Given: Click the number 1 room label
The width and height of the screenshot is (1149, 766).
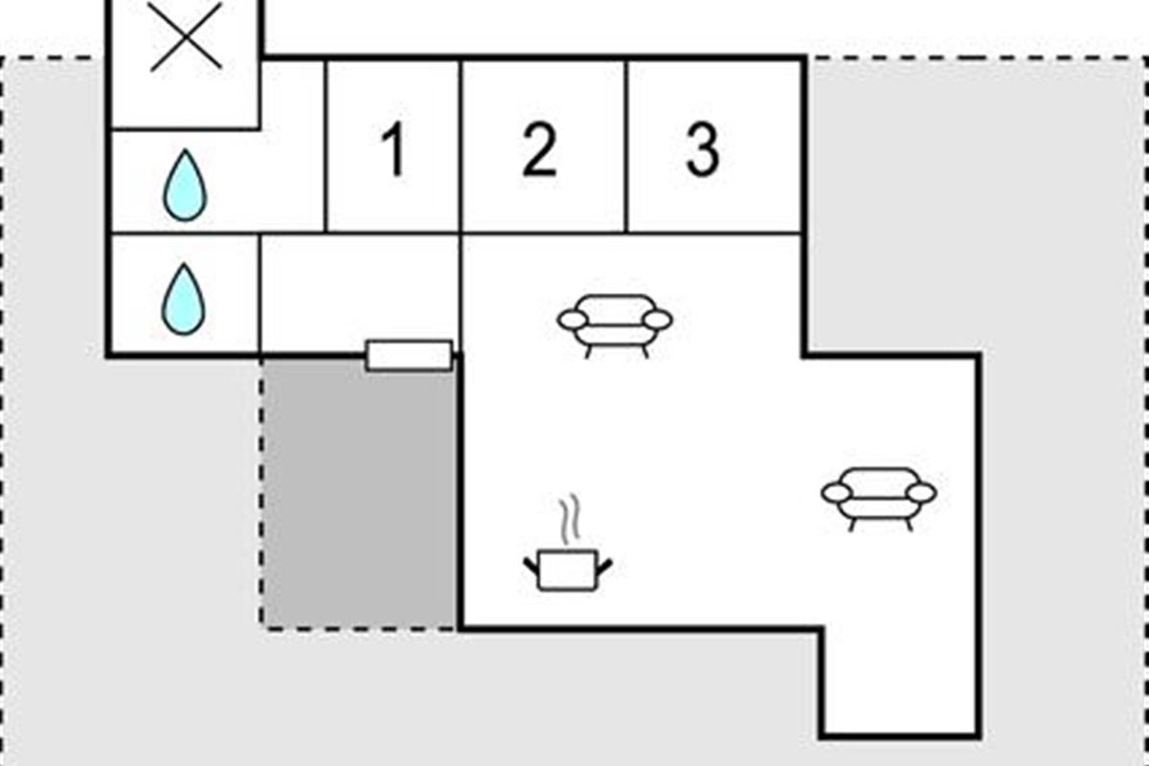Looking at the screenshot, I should click(392, 151).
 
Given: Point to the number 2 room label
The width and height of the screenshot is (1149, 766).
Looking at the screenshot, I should click(539, 151).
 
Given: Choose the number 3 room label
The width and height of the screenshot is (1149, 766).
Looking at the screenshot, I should click(702, 150).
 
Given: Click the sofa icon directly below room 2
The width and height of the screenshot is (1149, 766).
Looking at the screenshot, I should click(615, 324).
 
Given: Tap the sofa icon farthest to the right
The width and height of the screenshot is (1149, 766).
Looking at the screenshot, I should click(879, 496).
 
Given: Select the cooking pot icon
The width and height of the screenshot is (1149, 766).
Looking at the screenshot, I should click(568, 571).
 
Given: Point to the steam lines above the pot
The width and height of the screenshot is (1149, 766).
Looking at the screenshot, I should click(570, 518).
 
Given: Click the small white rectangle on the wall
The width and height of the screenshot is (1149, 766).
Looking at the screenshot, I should click(409, 355).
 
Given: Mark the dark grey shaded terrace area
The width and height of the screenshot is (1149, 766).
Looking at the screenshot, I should click(360, 493).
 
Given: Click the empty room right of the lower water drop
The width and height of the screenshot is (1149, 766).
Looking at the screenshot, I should click(360, 292).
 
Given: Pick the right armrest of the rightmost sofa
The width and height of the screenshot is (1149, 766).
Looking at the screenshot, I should click(921, 493).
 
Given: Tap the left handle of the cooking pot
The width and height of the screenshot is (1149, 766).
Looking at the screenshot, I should click(531, 567).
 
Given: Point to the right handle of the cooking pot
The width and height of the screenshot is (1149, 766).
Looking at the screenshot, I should click(604, 567).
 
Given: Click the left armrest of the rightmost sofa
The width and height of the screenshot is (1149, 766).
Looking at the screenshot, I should click(837, 493).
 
